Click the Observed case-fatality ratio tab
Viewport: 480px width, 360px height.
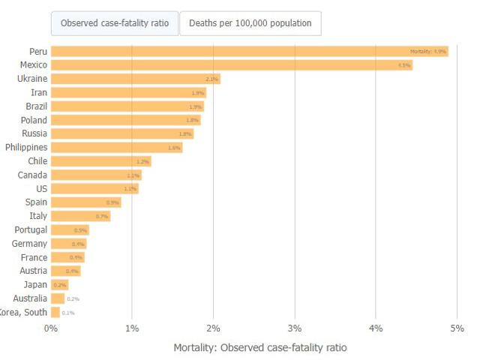coord(114,23)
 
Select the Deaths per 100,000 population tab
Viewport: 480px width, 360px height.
coord(250,23)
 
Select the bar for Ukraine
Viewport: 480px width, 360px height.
coord(135,79)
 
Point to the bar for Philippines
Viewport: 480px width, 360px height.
coord(116,148)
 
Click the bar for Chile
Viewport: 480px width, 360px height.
coord(100,161)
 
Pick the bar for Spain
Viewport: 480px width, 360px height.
coord(85,202)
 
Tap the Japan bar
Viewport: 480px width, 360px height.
coord(59,285)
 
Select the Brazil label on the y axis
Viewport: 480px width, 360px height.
coord(36,106)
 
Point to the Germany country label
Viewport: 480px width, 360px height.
coord(29,244)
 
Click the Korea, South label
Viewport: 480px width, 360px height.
coord(23,312)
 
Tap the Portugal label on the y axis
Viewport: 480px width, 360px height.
coord(31,229)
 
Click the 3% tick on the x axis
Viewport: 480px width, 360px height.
coord(295,328)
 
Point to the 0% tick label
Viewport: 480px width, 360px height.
coord(51,328)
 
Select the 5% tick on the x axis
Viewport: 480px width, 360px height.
coord(457,328)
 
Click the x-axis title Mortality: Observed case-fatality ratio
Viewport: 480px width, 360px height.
coord(260,348)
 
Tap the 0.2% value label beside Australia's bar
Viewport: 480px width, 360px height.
coord(73,298)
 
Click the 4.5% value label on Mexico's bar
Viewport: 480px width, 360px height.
coord(404,65)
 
